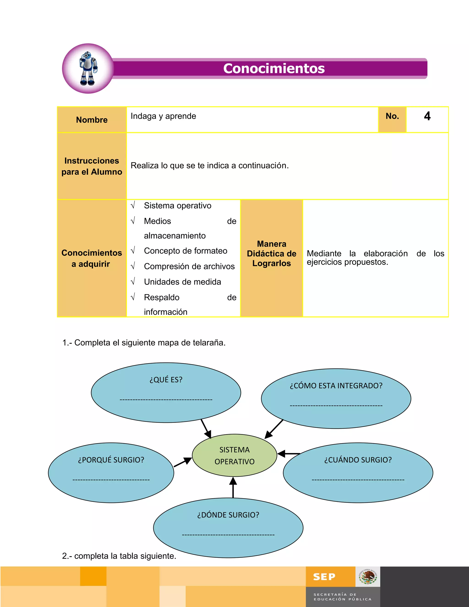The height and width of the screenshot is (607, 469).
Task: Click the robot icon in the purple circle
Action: pyautogui.click(x=88, y=68)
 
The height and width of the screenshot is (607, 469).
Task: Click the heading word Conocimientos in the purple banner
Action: pyautogui.click(x=274, y=68)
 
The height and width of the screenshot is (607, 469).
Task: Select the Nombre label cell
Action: pyautogui.click(x=92, y=120)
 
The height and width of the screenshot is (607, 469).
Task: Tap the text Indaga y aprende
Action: pyautogui.click(x=163, y=116)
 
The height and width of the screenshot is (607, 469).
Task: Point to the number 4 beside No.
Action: pyautogui.click(x=427, y=116)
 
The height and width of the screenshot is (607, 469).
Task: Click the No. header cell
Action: pyautogui.click(x=392, y=116)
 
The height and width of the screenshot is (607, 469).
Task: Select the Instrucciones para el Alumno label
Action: pyautogui.click(x=92, y=166)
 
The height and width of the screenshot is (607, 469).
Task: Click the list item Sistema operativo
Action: pyautogui.click(x=177, y=206)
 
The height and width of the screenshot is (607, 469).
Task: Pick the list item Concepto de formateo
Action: pyautogui.click(x=185, y=251)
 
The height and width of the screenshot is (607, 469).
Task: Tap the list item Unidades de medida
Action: pyautogui.click(x=182, y=282)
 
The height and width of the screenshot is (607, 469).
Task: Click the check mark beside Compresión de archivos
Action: pyautogui.click(x=133, y=266)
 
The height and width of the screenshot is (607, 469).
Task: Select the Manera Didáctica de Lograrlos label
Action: pyautogui.click(x=271, y=254)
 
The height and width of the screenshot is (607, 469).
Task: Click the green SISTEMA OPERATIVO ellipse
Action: pyautogui.click(x=234, y=456)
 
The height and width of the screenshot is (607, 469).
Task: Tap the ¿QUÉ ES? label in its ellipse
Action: pyautogui.click(x=166, y=380)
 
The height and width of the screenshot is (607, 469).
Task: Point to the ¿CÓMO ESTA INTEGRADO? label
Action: pyautogui.click(x=336, y=386)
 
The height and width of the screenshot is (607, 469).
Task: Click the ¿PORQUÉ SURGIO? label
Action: pyautogui.click(x=111, y=460)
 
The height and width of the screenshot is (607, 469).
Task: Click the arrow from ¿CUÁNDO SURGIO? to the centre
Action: pyautogui.click(x=288, y=454)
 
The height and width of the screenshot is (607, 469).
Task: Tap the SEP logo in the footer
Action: pyautogui.click(x=324, y=577)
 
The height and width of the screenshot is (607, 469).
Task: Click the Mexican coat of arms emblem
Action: pyautogui.click(x=368, y=577)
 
